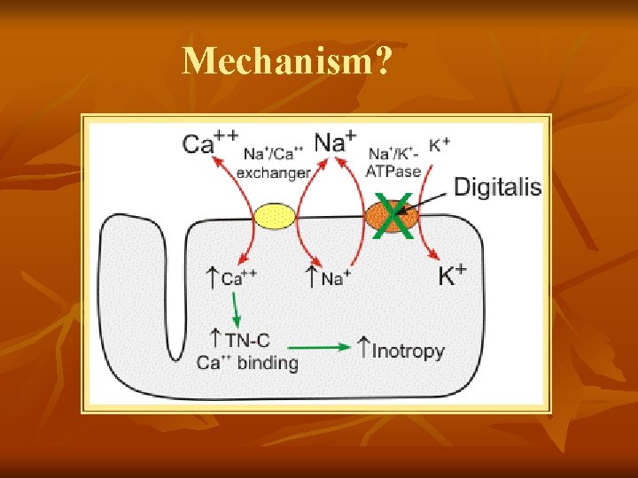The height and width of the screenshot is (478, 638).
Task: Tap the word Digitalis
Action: coord(497,186)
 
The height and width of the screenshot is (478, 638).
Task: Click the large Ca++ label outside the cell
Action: coord(211,143)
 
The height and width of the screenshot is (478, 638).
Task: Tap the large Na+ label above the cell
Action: coord(336,142)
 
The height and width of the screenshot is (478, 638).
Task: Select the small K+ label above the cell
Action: coord(439,143)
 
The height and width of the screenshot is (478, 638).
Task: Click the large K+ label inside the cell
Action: coord(453,276)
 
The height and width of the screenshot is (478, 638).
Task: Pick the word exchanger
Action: coord(273,173)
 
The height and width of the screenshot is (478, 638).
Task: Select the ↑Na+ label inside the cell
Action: coord(325,277)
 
